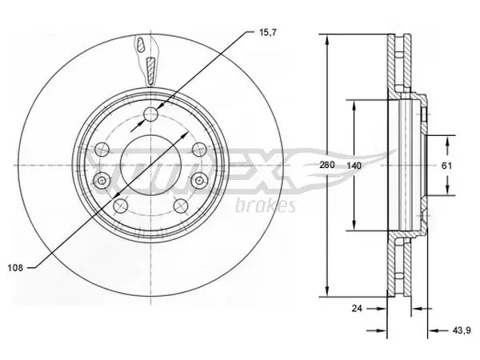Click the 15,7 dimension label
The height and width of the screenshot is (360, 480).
(268, 33)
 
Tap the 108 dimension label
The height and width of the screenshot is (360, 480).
(15, 268)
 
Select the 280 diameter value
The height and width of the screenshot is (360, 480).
(327, 165)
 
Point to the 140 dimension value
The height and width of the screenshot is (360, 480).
(354, 166)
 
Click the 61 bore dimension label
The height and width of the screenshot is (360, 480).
(446, 166)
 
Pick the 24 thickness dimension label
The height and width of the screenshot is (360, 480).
(357, 308)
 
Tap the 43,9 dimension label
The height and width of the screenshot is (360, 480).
(462, 330)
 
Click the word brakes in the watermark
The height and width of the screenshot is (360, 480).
(266, 206)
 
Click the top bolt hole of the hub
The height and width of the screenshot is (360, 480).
(150, 114)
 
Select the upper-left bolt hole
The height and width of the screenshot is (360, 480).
(102, 149)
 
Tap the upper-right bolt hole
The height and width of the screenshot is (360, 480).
(199, 149)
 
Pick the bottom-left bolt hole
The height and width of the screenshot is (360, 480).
(120, 206)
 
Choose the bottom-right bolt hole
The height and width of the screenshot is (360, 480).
(181, 206)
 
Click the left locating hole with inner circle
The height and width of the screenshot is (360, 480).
(102, 181)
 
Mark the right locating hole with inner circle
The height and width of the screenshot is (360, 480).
(199, 181)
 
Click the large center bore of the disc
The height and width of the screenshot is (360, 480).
(150, 166)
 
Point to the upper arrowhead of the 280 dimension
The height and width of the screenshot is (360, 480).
(327, 40)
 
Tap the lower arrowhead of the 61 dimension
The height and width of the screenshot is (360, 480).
(447, 189)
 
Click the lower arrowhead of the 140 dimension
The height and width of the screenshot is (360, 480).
(354, 224)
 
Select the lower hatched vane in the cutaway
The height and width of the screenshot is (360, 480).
(151, 70)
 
